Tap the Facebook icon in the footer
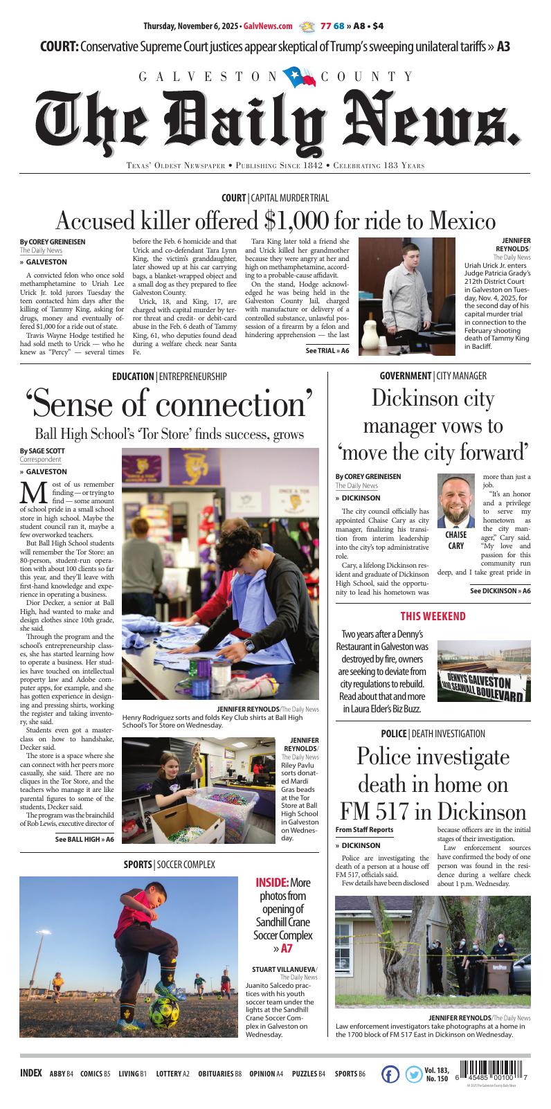coord(390,1074)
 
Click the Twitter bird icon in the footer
coord(413,1074)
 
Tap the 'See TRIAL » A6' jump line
coord(327,351)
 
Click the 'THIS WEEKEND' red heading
coord(433,617)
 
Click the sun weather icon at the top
coord(306,26)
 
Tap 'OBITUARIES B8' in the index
coord(219,1074)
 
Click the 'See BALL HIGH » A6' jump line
coord(84,840)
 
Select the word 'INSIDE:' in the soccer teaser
coord(272,883)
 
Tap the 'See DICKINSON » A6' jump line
coord(500,591)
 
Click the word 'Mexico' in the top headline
coord(462,222)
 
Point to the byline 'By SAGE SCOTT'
coord(42,451)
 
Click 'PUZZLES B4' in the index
coord(308,1074)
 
